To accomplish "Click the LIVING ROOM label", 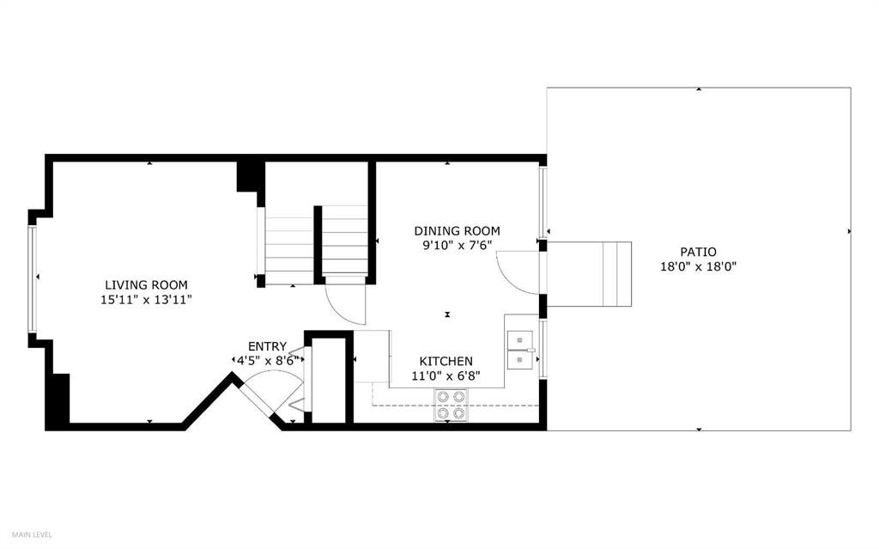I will point(146,285).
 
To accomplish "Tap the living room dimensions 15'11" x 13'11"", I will point(146,300).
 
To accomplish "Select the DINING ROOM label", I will point(457,231).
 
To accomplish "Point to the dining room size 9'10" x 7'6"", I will point(457,246).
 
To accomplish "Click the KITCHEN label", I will point(445,362).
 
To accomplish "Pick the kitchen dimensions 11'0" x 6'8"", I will point(445,375).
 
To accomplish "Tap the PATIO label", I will point(698,252).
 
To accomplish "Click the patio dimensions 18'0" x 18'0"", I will point(698,266).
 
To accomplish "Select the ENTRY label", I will point(267,346).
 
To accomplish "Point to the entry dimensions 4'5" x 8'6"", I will point(267,361).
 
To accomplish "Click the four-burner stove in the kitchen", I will point(452,405).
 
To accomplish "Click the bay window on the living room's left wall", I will point(32,278).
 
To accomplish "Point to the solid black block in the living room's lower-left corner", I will point(58,400).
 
